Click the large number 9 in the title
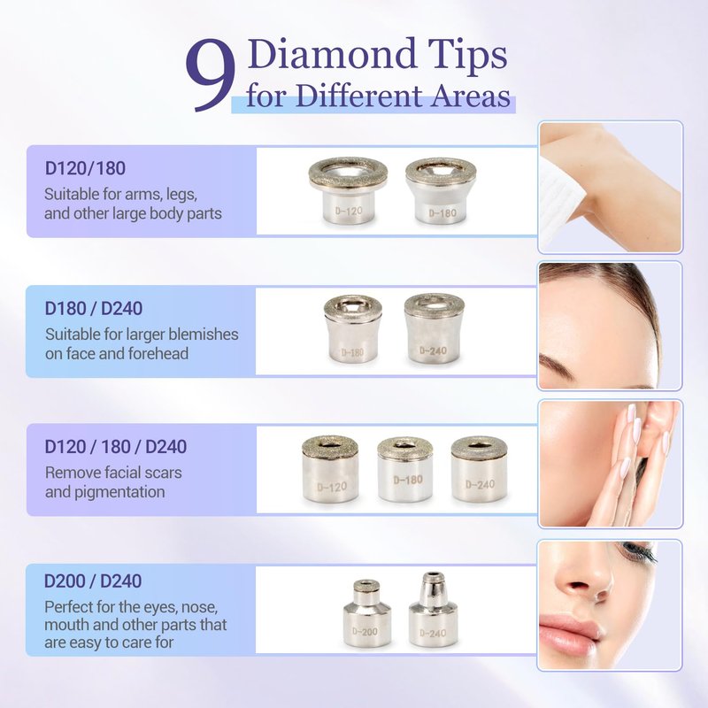pos(211,74)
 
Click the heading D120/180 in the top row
pos(85,168)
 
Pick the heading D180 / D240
pos(94,308)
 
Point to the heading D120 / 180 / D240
pos(116,447)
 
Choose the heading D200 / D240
pos(93,581)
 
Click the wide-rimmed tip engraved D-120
pos(348,190)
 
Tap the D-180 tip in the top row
pos(441,190)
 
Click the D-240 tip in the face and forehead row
pos(434,328)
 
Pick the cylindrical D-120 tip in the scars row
pos(330,469)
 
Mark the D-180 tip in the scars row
pos(405,469)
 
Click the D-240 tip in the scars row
pos(479,469)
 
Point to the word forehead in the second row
pos(158,353)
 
